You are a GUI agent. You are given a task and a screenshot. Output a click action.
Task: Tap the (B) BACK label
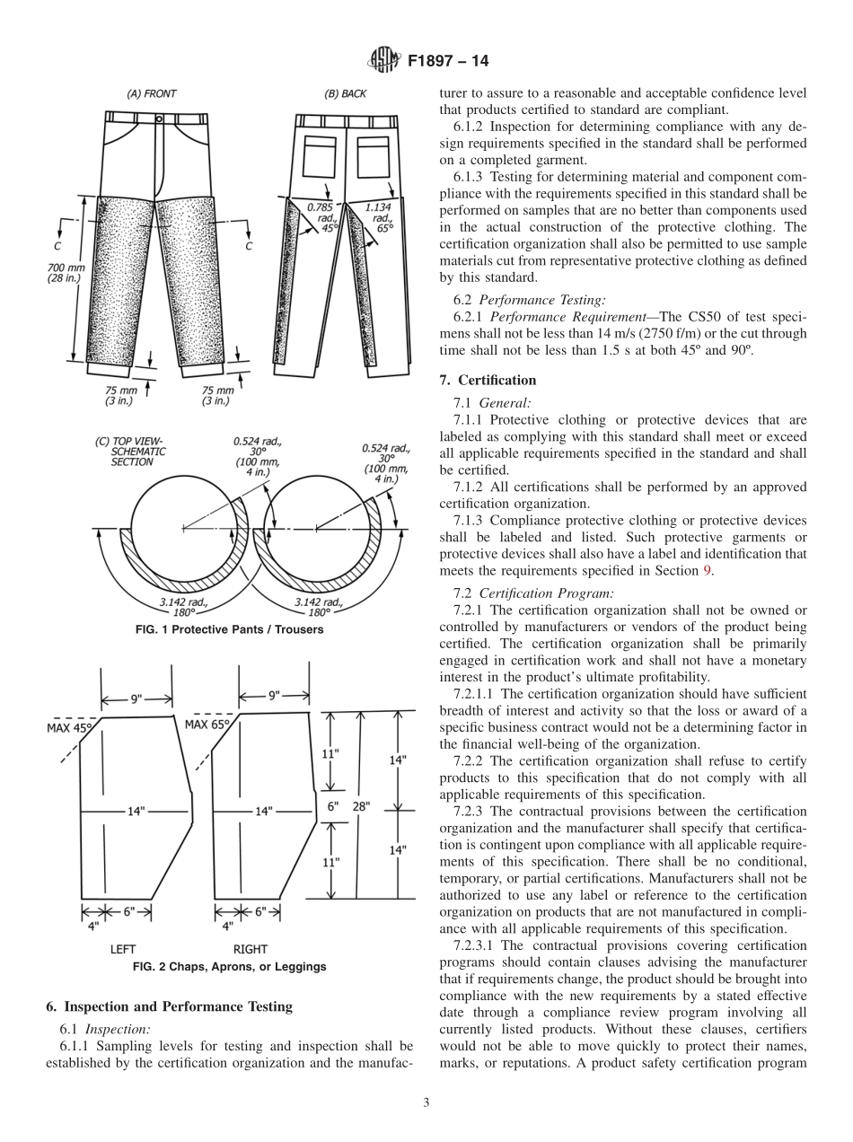pyautogui.click(x=345, y=93)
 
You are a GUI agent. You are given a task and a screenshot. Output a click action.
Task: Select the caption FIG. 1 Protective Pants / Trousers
pyautogui.click(x=229, y=629)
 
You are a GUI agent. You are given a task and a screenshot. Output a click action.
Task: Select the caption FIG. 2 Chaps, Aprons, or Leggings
pyautogui.click(x=229, y=967)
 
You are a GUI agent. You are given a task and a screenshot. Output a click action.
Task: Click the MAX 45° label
pyautogui.click(x=69, y=728)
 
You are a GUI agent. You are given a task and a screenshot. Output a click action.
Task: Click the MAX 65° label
pyautogui.click(x=207, y=724)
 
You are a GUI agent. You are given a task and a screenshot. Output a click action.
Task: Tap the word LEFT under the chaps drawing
pyautogui.click(x=123, y=948)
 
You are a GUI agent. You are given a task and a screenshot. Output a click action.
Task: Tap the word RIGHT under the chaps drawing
pyautogui.click(x=251, y=948)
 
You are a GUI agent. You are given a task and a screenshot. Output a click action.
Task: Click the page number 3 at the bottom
pyautogui.click(x=426, y=1103)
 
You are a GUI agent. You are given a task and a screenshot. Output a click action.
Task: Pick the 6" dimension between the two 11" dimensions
pyautogui.click(x=332, y=806)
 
